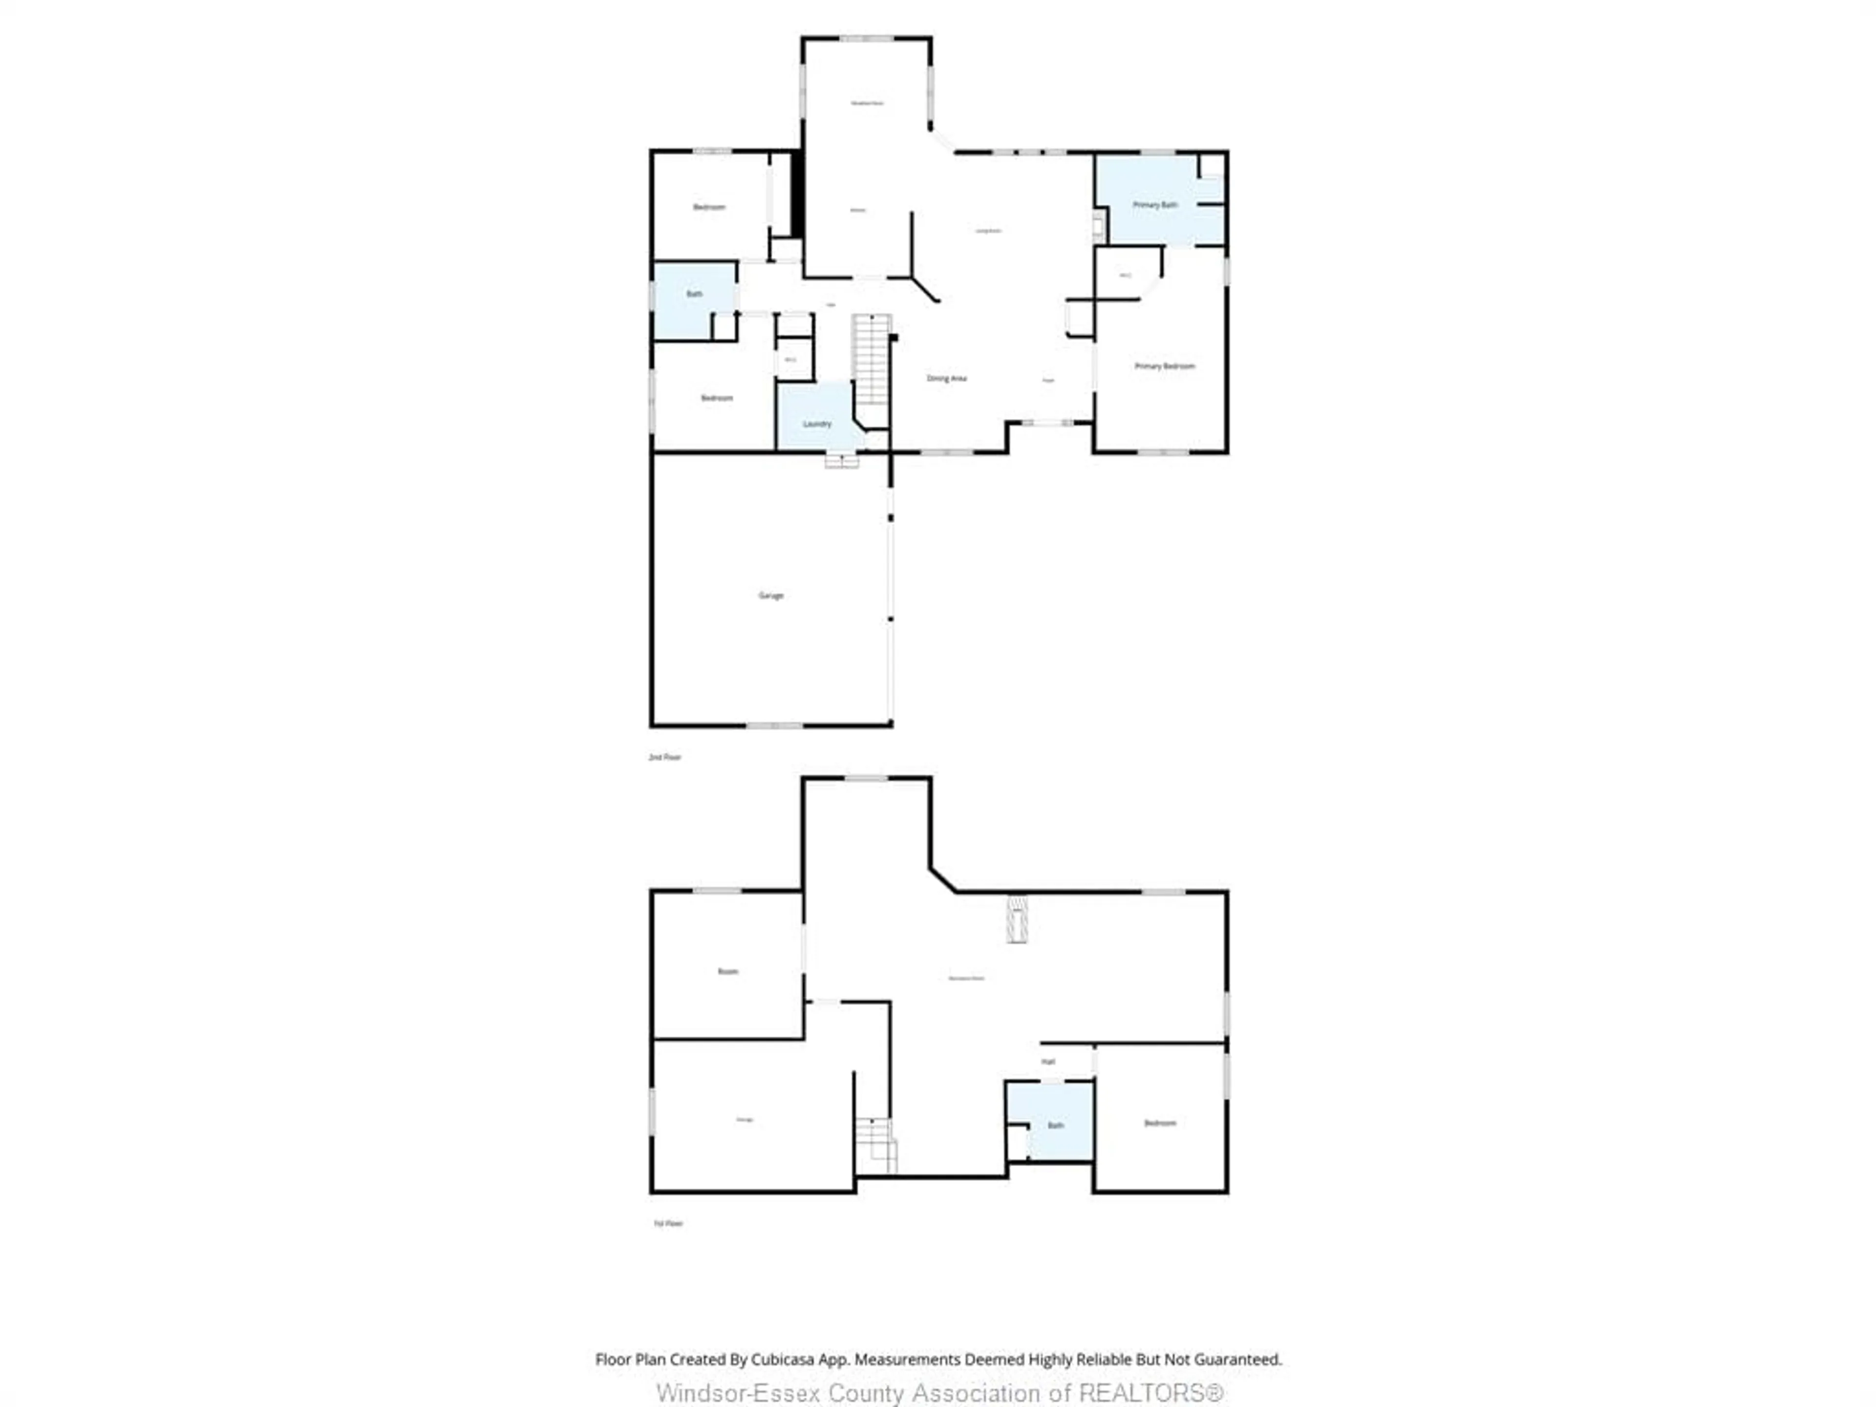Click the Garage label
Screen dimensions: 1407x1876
pos(770,596)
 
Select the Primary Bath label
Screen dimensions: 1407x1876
pos(1154,205)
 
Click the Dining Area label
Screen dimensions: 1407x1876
pos(946,378)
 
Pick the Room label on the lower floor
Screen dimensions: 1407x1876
pos(727,971)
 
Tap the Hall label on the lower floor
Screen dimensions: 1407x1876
pos(1048,1062)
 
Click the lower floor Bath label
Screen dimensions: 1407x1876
pos(1055,1126)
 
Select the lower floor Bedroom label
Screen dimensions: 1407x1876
pos(1159,1123)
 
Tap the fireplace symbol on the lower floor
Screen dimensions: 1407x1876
pos(1016,919)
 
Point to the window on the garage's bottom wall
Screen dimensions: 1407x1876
pos(773,726)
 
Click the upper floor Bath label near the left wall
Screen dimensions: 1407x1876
pos(694,294)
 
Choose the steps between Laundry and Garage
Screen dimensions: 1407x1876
pos(841,461)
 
